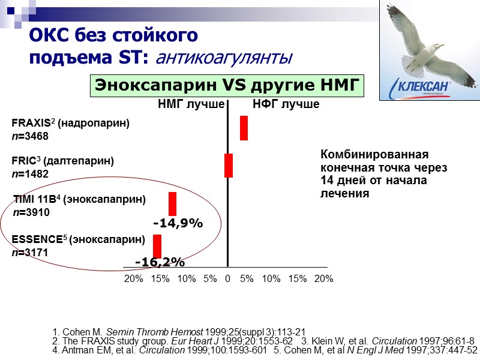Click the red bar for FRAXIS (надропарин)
point(244,128)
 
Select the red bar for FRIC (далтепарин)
point(228,165)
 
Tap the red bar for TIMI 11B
point(172,203)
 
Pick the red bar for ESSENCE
point(157,246)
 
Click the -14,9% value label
point(178,223)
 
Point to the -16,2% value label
point(160,262)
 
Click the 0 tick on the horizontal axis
point(228,278)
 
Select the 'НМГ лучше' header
point(191,105)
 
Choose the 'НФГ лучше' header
point(286,105)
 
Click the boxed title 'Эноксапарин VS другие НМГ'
point(227,85)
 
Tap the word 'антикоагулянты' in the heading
point(224,58)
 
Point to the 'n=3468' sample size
point(30,136)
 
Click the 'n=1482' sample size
point(30,174)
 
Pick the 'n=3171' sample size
point(30,253)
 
